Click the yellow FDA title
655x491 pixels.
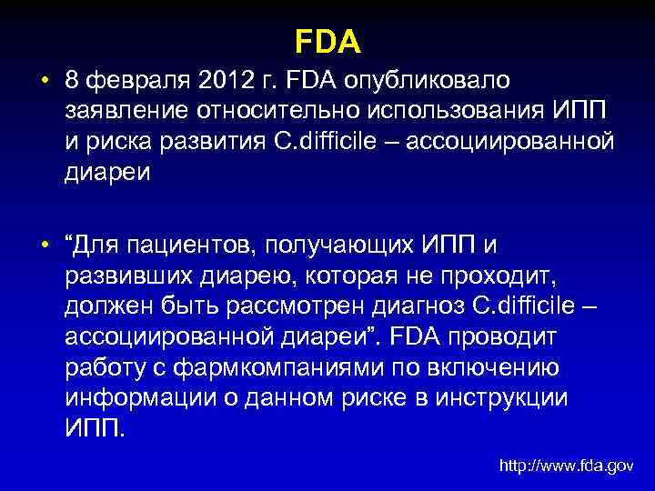pyautogui.click(x=328, y=41)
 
